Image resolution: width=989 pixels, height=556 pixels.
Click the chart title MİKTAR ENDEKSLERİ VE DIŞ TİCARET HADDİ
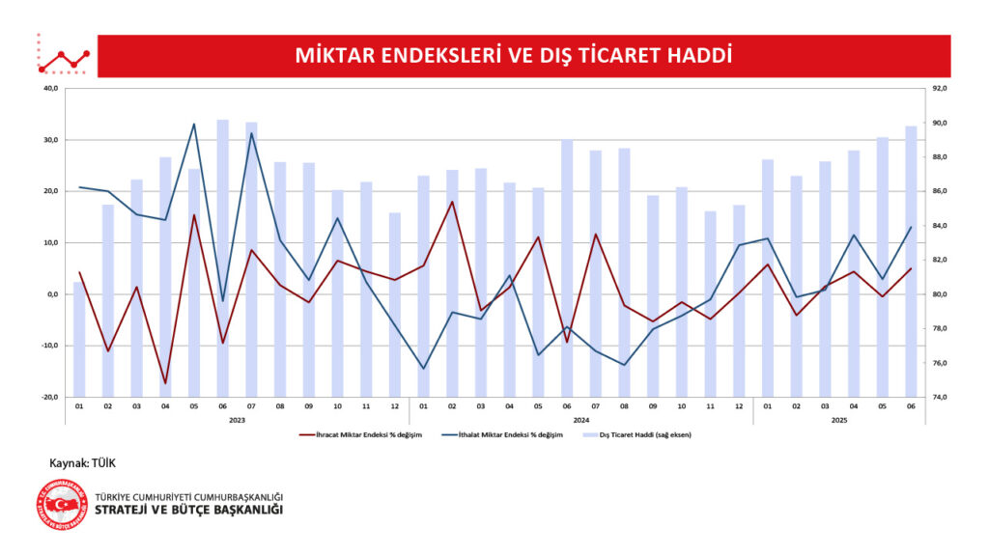[x=513, y=55]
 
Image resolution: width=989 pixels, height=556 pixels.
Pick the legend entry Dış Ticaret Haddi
[x=641, y=435]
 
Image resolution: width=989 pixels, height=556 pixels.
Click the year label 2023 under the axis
[x=237, y=421]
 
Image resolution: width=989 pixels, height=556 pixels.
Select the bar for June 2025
[x=911, y=261]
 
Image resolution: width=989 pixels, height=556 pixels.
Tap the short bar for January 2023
[x=79, y=339]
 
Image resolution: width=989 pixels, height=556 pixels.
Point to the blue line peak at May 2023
[x=194, y=125]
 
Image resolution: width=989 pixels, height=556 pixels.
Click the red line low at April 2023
[x=165, y=383]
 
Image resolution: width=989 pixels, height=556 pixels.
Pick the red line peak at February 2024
[x=451, y=202]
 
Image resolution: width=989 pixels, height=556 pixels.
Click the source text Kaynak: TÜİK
[x=83, y=464]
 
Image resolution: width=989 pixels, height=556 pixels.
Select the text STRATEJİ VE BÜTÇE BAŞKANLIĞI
[x=189, y=510]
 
